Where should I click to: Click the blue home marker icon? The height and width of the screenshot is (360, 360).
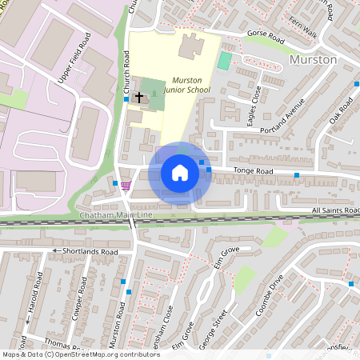180,173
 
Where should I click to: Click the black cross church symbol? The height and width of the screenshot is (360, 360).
139,97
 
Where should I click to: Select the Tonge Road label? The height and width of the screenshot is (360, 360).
253,171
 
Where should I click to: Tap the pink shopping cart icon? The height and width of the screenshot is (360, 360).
126,185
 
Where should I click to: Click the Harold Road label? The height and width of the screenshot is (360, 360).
33,301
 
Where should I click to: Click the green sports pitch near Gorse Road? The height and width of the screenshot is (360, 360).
225,61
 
